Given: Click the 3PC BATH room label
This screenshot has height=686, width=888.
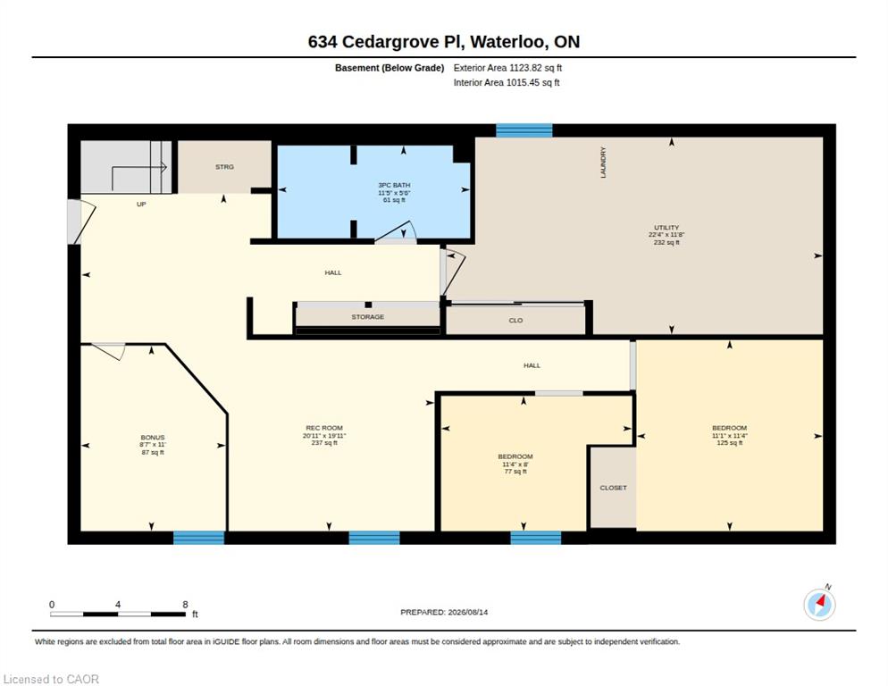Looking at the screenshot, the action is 394,185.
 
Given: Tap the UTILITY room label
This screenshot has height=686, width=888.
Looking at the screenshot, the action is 666,228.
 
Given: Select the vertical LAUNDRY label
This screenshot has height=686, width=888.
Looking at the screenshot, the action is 603,163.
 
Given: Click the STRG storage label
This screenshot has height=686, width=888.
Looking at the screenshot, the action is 224,167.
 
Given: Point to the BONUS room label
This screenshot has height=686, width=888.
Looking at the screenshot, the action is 153,438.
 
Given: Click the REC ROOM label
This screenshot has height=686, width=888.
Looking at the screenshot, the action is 324,428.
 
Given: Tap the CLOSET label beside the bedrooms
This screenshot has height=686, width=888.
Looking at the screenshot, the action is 614,488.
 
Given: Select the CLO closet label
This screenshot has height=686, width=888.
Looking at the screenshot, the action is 515,321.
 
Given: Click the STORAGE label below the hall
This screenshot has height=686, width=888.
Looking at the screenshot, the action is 367,317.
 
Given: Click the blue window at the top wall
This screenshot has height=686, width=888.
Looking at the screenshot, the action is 524,130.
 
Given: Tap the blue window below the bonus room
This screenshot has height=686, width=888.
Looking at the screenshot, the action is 199,538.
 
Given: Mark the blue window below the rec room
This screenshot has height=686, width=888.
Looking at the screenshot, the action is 374,538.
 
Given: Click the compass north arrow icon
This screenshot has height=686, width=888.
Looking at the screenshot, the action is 819,605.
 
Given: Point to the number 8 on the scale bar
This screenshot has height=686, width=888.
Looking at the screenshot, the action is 185,605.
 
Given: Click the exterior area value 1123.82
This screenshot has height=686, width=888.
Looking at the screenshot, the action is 525,68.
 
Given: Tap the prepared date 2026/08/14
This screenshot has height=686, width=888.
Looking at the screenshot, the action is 468,613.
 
